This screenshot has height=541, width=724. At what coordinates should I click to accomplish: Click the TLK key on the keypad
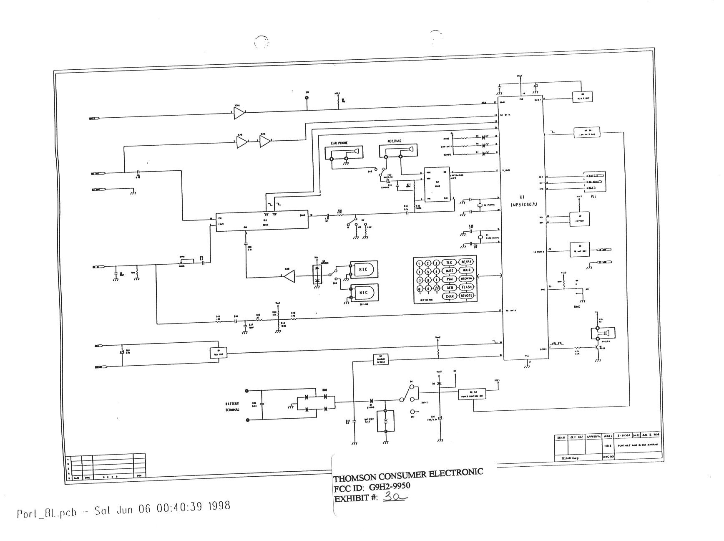pyautogui.click(x=449, y=263)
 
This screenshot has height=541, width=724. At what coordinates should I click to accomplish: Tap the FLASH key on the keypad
pyautogui.click(x=466, y=287)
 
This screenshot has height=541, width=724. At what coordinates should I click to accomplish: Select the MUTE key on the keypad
pyautogui.click(x=449, y=271)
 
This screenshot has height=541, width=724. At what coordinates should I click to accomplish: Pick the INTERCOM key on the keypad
pyautogui.click(x=466, y=279)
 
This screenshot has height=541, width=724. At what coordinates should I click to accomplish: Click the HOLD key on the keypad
pyautogui.click(x=466, y=270)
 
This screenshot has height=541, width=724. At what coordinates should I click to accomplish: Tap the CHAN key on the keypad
pyautogui.click(x=449, y=296)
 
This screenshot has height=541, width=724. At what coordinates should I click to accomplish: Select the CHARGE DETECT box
pyautogui.click(x=380, y=359)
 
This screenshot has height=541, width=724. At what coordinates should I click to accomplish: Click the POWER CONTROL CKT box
pyautogui.click(x=472, y=394)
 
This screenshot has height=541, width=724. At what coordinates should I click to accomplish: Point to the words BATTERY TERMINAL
pyautogui.click(x=232, y=407)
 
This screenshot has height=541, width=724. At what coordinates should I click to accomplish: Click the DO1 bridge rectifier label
pyautogui.click(x=324, y=390)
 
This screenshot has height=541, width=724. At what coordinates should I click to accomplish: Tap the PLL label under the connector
pyautogui.click(x=593, y=196)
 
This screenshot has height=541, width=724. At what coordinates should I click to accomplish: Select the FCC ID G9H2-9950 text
pyautogui.click(x=372, y=487)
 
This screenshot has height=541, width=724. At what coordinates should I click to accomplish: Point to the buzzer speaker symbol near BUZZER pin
pyautogui.click(x=603, y=333)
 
